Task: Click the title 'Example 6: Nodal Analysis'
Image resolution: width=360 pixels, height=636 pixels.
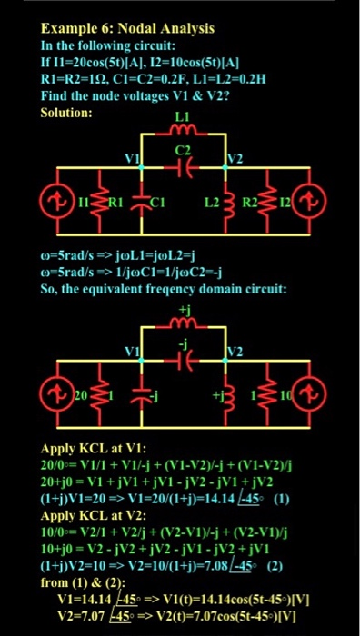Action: (x=127, y=28)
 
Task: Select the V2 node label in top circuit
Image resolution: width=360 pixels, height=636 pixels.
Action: (x=235, y=158)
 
